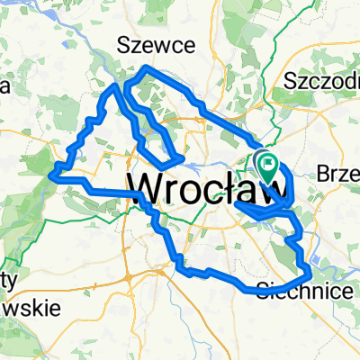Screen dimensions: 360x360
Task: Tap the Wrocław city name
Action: coord(211,187)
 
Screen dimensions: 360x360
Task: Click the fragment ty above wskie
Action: coord(9,280)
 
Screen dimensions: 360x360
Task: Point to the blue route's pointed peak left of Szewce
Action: coord(113,85)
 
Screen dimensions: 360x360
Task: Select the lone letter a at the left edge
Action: coord(4,87)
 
